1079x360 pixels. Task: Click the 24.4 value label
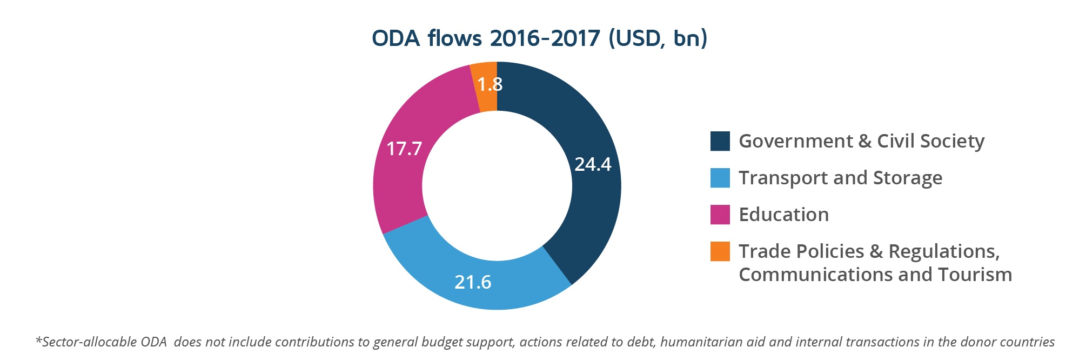[593, 164]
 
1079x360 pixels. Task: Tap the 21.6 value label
[473, 282]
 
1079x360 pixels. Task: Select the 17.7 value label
[404, 148]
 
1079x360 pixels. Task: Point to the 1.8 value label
[490, 84]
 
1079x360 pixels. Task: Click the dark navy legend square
[720, 141]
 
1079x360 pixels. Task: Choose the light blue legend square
[720, 178]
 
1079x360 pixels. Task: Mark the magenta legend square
[720, 215]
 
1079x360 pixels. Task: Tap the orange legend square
[720, 251]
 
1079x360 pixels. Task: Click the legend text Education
[783, 215]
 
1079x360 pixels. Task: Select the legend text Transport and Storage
[840, 178]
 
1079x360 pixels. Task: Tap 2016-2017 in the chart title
[545, 38]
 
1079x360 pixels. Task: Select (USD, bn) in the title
[658, 38]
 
